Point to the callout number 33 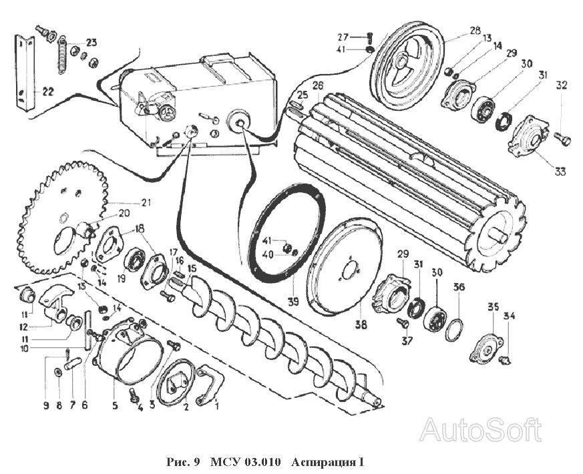point(560,172)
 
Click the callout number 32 point(561,85)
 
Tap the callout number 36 point(457,288)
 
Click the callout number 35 point(493,308)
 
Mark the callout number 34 point(510,316)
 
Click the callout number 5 point(114,404)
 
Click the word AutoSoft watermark point(480,429)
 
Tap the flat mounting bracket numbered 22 point(25,73)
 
